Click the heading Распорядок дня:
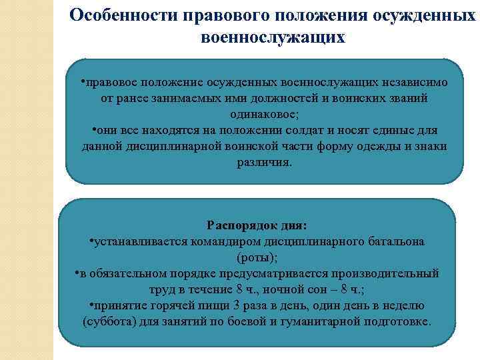257,225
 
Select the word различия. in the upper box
264,163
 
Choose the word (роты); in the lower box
257,257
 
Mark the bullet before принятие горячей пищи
91,305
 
